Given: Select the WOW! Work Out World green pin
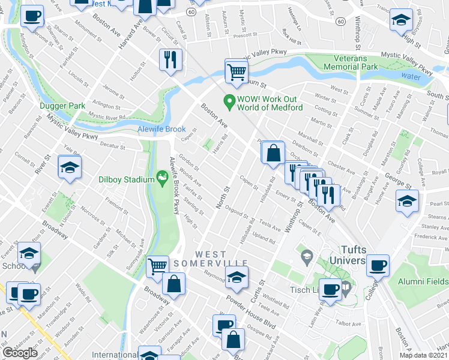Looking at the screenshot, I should tap(228, 101).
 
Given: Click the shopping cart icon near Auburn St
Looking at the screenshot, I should tap(237, 71).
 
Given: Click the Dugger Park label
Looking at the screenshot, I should tap(62, 106).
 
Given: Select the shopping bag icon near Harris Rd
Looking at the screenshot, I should tap(273, 152).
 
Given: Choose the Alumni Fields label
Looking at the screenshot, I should tap(419, 281).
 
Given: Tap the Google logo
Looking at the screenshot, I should tap(20, 353).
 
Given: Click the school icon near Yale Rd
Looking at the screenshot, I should tap(70, 168).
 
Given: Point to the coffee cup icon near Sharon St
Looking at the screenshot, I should tap(32, 16).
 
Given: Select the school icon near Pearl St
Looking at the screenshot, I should tap(408, 201).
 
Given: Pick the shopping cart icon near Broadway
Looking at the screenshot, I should tap(157, 266).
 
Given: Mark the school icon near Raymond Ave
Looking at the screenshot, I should tap(237, 277).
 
